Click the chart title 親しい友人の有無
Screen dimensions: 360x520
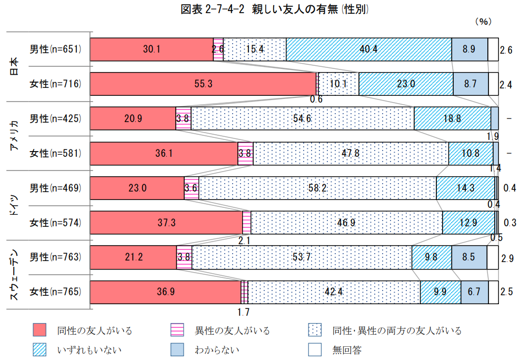[x=259, y=9]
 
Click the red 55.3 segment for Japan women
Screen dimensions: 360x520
[x=203, y=84]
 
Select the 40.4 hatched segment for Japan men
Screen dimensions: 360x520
[x=368, y=49]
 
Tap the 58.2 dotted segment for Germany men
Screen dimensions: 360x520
[x=317, y=188]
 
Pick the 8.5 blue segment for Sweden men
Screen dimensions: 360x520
[x=469, y=257]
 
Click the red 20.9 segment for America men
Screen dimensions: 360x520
[x=133, y=118]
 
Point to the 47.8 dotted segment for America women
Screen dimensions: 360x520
[x=351, y=153]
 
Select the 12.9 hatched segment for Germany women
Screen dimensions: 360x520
[x=468, y=223]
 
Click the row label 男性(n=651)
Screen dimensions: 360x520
[x=55, y=49]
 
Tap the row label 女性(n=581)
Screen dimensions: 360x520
[x=55, y=153]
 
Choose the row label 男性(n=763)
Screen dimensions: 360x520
[x=55, y=257]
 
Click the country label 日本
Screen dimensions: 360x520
[x=15, y=66]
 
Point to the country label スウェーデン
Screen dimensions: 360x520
[x=15, y=275]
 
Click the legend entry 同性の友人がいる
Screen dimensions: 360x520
[x=95, y=331]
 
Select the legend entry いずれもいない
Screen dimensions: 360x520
[x=87, y=348]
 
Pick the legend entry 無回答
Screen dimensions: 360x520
[x=347, y=348]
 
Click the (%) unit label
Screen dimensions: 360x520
[x=483, y=22]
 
